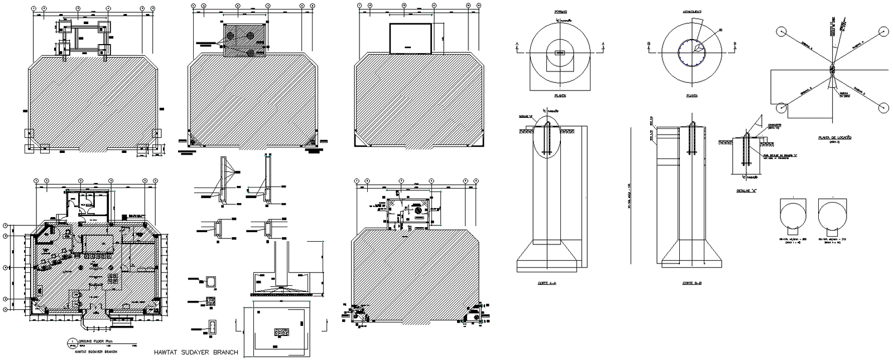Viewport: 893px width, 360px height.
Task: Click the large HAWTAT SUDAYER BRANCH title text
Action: click(x=196, y=352)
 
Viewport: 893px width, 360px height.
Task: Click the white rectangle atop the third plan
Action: click(x=410, y=39)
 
